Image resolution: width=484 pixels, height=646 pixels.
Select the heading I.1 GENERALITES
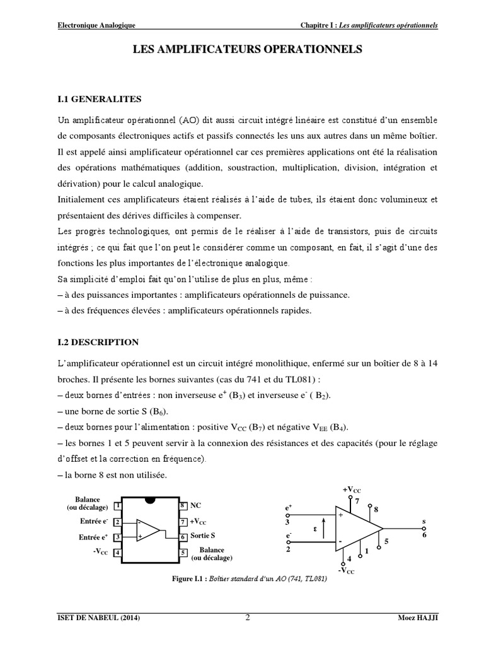click(100, 99)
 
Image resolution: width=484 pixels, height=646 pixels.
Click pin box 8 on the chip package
click(181, 506)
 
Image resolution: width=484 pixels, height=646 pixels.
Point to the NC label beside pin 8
click(195, 506)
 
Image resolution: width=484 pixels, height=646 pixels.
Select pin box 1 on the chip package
click(118, 506)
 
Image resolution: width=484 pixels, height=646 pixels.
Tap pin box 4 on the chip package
click(118, 553)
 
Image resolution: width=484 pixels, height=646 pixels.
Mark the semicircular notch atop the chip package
click(149, 501)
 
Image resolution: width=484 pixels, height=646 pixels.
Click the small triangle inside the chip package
click(148, 529)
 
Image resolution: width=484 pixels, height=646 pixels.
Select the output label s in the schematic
click(423, 521)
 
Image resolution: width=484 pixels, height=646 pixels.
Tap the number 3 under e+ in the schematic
click(287, 522)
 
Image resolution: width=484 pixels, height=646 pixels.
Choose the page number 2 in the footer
click(248, 618)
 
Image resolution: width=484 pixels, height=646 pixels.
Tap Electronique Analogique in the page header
click(96, 25)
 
